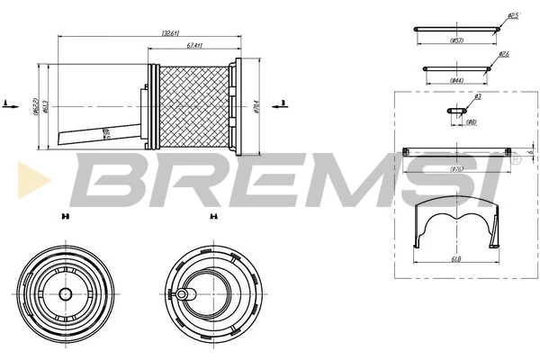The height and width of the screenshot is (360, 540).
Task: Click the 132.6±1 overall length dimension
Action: click(x=167, y=33)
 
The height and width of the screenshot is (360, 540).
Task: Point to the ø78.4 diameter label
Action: click(x=256, y=106)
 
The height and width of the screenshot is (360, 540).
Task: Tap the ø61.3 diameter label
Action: click(x=45, y=108)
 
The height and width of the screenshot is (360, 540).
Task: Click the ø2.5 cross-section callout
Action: click(x=513, y=15)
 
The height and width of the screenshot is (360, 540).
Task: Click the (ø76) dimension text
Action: click(x=456, y=166)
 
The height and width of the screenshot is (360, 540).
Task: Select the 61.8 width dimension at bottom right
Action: click(x=456, y=260)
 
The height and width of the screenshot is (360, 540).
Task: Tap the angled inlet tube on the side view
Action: click(x=99, y=133)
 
